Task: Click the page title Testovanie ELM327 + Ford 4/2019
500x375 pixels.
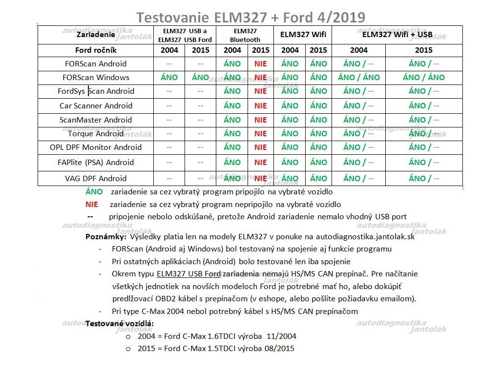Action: coord(250,18)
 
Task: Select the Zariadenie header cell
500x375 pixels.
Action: coord(96,35)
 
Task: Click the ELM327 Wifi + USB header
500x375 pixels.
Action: coord(397,35)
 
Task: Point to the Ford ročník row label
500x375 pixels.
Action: coord(96,50)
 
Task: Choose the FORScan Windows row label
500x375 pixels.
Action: coord(96,77)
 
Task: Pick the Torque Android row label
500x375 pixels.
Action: coord(96,133)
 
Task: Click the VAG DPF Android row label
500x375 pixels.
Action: coord(96,178)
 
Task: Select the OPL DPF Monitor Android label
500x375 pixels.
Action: coord(96,147)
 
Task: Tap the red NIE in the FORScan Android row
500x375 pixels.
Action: coord(261,63)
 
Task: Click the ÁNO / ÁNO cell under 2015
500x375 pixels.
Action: coord(423,77)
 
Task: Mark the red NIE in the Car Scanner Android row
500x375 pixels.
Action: coord(261,105)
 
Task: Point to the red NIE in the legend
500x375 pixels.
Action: coord(92,205)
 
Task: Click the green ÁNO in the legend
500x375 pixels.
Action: coord(94,192)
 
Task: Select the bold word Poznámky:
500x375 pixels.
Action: coord(106,237)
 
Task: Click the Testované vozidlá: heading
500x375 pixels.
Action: coord(120,323)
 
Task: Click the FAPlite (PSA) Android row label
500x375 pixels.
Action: coord(96,162)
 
